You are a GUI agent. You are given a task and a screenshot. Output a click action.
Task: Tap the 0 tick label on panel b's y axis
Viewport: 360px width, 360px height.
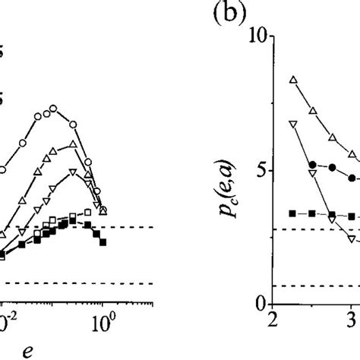tap(260, 305)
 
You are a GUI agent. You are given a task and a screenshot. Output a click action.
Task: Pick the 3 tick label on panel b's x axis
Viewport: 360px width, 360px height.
tap(351, 319)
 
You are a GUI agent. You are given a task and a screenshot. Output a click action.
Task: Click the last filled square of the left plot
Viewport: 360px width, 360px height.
tap(103, 221)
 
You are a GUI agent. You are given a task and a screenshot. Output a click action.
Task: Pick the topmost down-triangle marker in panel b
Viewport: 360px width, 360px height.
tap(293, 123)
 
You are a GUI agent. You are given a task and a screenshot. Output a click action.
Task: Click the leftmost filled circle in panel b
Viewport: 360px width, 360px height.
tap(313, 164)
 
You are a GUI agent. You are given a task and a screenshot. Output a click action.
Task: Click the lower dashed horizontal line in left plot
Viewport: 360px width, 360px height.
tap(76, 262)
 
